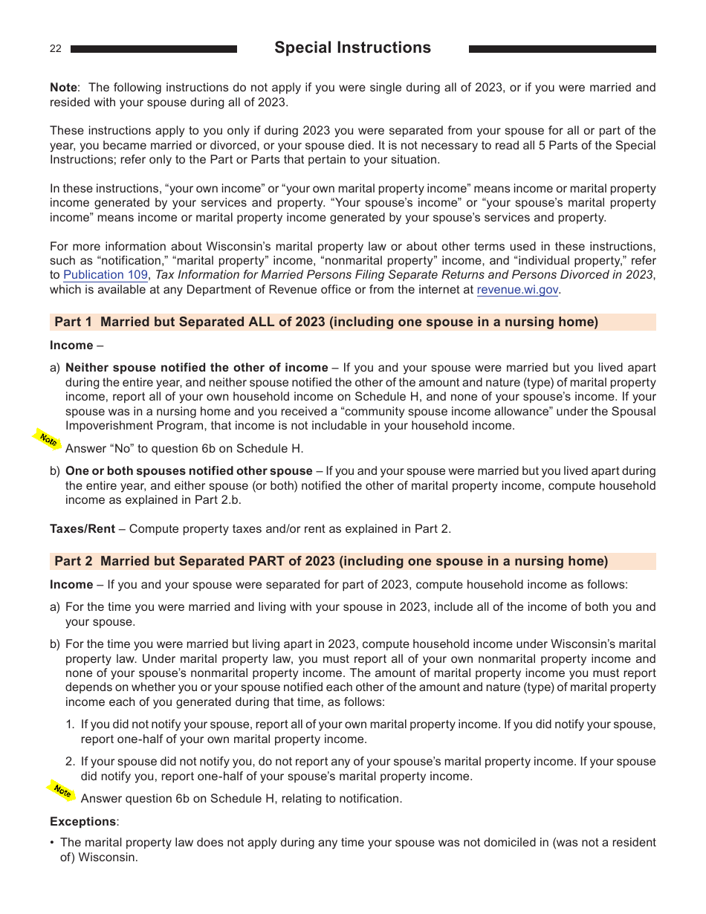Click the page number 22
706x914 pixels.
(56, 49)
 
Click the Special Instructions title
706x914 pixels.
(352, 48)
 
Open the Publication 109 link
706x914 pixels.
(106, 275)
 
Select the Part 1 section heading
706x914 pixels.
(326, 322)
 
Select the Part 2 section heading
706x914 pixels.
(331, 561)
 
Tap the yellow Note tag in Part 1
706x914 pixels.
(48, 439)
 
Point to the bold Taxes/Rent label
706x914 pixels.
(82, 529)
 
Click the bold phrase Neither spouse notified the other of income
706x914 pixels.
(196, 368)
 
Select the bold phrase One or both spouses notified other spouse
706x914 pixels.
(189, 471)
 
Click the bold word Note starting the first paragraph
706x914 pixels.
(63, 88)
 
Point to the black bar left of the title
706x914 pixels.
(154, 49)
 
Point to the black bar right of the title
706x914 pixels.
(562, 49)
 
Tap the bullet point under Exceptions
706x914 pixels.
(52, 843)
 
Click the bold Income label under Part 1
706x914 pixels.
(71, 346)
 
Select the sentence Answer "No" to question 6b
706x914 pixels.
(184, 449)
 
